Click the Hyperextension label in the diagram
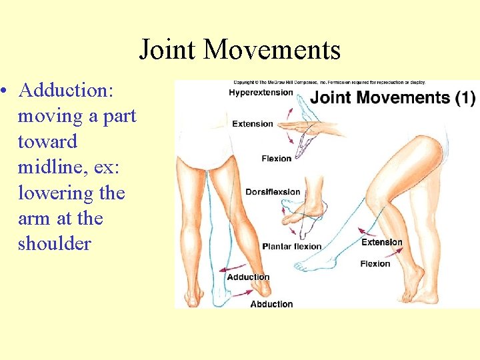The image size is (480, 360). (x=261, y=92)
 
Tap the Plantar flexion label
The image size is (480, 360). (x=291, y=246)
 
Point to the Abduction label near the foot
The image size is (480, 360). (x=271, y=304)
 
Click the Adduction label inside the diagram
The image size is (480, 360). (x=248, y=277)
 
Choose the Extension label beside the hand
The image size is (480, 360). (x=253, y=123)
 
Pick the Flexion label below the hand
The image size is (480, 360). (x=277, y=159)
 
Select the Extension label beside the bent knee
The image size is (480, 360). (x=381, y=243)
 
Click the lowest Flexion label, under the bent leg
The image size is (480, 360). (x=375, y=264)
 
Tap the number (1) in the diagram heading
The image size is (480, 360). (x=464, y=97)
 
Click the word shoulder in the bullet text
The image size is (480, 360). (x=54, y=243)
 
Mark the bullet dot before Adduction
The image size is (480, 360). (x=5, y=90)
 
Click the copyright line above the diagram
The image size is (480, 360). (x=329, y=83)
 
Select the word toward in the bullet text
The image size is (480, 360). (x=47, y=141)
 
